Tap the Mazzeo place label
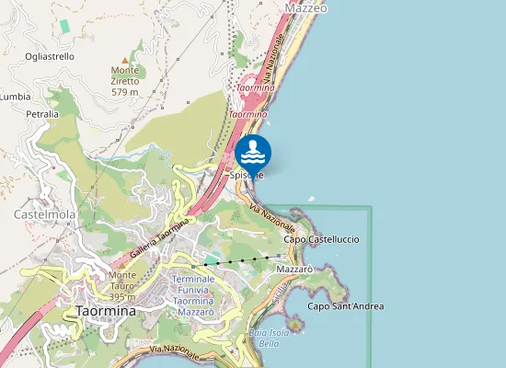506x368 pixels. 306,7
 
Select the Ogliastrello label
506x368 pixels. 50,57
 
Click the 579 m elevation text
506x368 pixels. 125,92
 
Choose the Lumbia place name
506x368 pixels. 15,96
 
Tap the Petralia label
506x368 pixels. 42,114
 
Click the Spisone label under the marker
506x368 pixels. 247,175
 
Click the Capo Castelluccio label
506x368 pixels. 321,239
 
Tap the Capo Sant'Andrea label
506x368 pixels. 345,306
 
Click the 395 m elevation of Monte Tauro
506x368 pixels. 122,296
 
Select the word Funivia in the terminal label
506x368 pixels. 193,290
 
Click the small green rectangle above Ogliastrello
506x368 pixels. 64,26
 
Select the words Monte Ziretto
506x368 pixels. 125,75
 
